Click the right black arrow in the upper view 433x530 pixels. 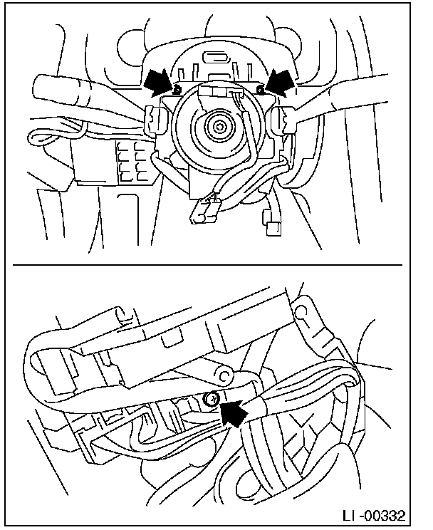click(x=279, y=82)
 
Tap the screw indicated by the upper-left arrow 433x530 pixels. click(x=175, y=90)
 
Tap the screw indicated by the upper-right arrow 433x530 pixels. click(x=260, y=90)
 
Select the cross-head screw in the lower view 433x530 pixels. click(x=212, y=400)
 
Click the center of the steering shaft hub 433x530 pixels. click(x=220, y=127)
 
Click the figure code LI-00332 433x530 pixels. click(x=373, y=516)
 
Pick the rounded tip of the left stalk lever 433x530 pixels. click(x=40, y=87)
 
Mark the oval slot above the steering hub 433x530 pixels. click(x=216, y=57)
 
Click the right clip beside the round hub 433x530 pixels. click(x=282, y=119)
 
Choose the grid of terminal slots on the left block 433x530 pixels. click(x=131, y=161)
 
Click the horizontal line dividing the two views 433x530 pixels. click(x=207, y=265)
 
